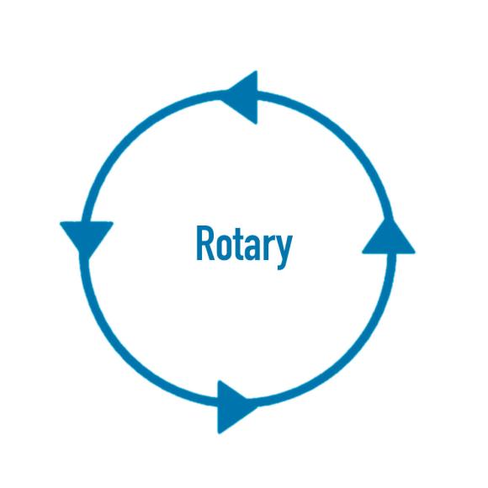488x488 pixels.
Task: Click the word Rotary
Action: (244, 247)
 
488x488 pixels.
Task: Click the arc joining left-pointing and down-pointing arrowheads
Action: (130, 139)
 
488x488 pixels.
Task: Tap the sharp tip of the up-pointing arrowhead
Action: (390, 219)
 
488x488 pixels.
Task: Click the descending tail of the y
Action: (282, 265)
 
